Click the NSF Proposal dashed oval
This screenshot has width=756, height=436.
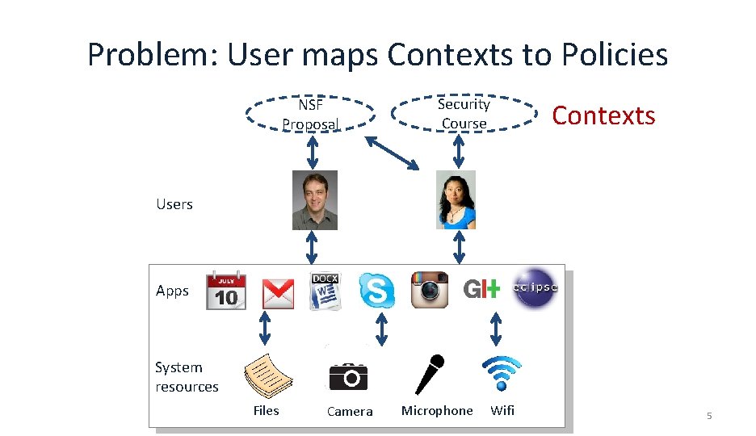[x=310, y=115]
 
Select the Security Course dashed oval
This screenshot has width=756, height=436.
[x=464, y=114]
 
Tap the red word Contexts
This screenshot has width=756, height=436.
[x=603, y=115]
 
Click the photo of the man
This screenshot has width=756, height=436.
[x=314, y=200]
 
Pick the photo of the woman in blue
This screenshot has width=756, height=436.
[x=456, y=199]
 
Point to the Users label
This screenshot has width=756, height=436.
[x=174, y=204]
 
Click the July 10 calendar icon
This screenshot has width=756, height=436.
[x=226, y=291]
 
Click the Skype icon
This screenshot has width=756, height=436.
[x=377, y=290]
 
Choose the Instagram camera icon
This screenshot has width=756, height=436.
[x=430, y=290]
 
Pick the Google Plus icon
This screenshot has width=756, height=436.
[x=481, y=289]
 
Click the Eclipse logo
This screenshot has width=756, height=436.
[x=535, y=287]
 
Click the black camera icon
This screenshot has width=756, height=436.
[x=348, y=376]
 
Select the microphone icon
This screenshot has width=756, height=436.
[x=430, y=374]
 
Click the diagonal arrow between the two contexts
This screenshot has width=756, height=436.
[x=393, y=152]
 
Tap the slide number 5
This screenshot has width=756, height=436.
[x=709, y=416]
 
